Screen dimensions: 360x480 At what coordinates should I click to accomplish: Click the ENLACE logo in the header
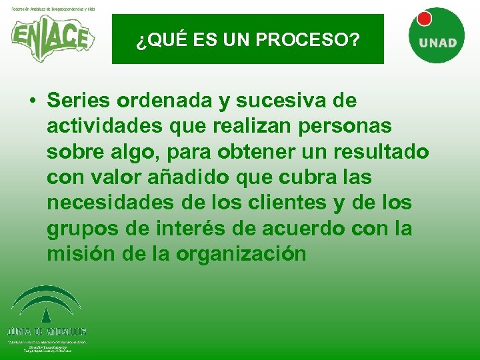click(x=51, y=36)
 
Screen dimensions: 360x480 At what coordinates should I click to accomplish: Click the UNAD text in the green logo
click(x=438, y=43)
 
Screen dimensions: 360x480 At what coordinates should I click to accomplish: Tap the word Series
click(x=79, y=101)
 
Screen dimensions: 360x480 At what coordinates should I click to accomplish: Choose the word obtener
click(x=234, y=152)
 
